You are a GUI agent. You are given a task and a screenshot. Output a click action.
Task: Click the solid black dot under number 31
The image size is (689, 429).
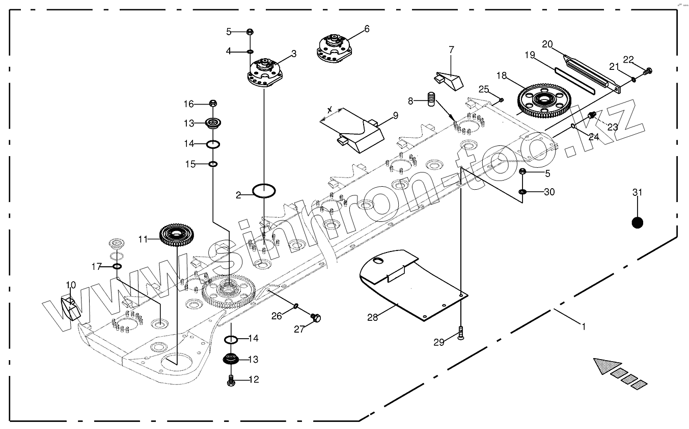(637, 222)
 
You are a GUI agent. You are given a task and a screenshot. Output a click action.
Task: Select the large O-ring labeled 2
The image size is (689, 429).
(264, 191)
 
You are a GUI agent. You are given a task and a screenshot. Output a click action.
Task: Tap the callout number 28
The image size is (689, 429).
(372, 317)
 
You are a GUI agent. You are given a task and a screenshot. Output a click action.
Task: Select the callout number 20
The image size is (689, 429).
(547, 44)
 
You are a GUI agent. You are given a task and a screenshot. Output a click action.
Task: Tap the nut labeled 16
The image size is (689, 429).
(213, 104)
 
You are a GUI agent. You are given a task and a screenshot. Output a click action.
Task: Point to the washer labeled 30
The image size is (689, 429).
(523, 192)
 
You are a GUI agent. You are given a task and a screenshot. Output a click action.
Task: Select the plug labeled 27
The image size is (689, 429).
(316, 318)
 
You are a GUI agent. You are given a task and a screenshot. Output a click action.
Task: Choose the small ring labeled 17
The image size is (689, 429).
(117, 266)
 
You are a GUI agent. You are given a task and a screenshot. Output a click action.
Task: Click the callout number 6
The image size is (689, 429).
(366, 29)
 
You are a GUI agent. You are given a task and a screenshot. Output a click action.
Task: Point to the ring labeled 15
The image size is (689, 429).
(213, 164)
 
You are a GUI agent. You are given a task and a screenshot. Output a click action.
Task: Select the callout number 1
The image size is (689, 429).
(584, 325)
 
